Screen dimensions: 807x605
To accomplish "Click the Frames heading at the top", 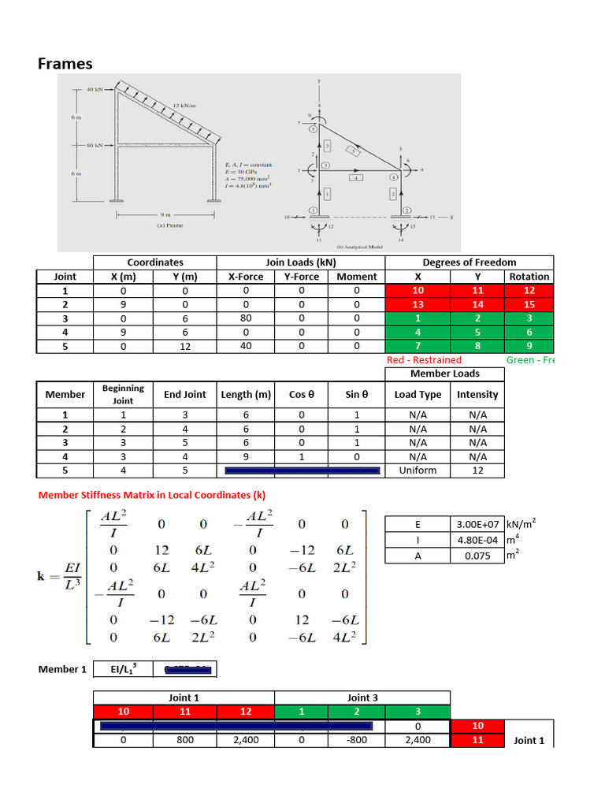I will (65, 64).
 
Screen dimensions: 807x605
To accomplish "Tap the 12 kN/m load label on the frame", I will (184, 105).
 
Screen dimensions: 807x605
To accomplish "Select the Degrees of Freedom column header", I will (470, 262).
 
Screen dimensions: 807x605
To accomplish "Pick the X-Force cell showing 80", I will (246, 318).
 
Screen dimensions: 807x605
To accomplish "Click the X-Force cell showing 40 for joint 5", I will (246, 347).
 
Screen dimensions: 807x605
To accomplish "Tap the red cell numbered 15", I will (529, 304).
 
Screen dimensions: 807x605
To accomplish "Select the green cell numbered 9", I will (529, 347).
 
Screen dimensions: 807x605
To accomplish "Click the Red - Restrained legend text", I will (424, 360).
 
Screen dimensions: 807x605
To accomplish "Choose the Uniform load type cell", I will (418, 470).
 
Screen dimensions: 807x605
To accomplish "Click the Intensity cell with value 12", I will (477, 470).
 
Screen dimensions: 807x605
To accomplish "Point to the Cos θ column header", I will (301, 394).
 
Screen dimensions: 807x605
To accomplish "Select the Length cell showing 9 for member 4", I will (246, 456).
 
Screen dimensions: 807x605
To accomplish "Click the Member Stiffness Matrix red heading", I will (147, 495).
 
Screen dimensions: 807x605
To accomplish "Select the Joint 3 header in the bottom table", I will (362, 697).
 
